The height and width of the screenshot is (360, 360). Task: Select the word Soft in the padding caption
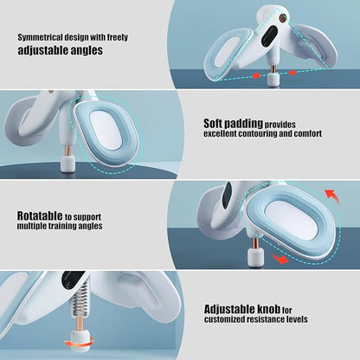(x=213, y=123)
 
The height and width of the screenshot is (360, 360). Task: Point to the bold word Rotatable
(x=40, y=215)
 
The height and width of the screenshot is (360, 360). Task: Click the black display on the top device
(x=270, y=35)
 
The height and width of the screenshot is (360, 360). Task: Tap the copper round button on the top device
(x=282, y=19)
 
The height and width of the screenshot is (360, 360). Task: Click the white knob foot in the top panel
(x=273, y=80)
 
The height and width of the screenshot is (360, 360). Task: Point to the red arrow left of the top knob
(x=256, y=75)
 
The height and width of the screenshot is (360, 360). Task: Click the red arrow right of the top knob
(x=292, y=73)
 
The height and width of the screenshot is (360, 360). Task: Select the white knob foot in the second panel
(x=67, y=164)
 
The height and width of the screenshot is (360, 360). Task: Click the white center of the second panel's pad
(x=106, y=131)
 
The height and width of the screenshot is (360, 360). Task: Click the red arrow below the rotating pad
(x=280, y=258)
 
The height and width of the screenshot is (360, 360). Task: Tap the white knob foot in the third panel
(x=255, y=258)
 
